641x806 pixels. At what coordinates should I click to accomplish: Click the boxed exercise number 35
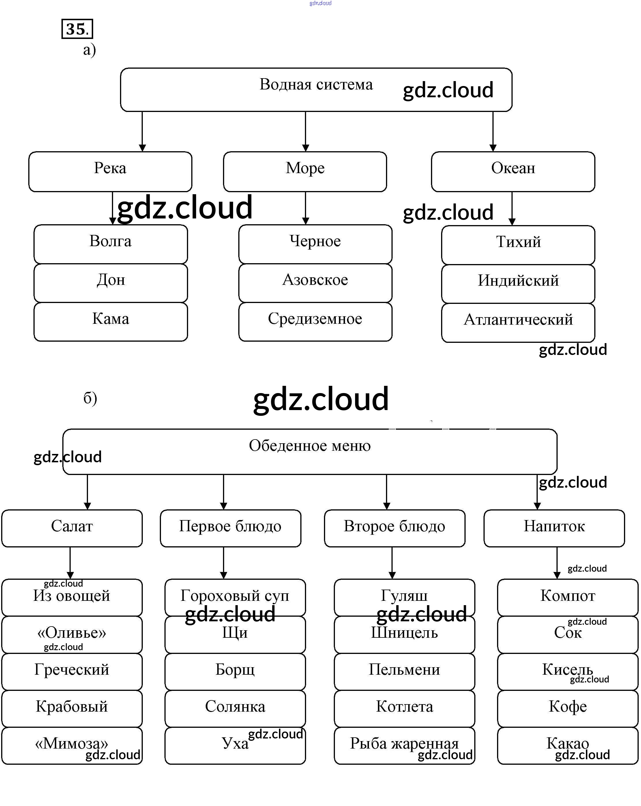pos(77,29)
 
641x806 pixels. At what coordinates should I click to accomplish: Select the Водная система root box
pos(316,90)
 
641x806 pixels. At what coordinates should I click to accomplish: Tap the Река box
pos(110,172)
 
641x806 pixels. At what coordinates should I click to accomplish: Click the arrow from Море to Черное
pos(305,208)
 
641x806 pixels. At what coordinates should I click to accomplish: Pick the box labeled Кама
pos(111,321)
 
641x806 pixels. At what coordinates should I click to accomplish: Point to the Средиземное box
pos(315,321)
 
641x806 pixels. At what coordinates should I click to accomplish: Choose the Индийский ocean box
pos(518,284)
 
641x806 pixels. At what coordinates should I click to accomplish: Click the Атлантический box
pos(518,322)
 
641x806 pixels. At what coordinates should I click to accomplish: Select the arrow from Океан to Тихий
pos(512,208)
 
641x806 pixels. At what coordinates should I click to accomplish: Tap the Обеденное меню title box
pos(310,451)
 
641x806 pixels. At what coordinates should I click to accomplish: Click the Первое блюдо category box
pos(230,528)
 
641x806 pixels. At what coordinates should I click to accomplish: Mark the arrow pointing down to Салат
pos(87,492)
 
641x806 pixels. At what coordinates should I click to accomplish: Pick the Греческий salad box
pos(72,672)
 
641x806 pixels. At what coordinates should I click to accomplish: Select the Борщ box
pos(235,672)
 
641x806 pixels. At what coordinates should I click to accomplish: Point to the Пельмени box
pos(404,672)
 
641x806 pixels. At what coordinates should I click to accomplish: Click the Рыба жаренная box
pos(404,745)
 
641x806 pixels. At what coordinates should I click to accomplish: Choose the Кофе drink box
pos(567,708)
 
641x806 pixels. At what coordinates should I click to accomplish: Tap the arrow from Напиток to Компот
pos(556,563)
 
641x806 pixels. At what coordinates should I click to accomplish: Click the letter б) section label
pos(90,398)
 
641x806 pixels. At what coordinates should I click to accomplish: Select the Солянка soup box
pos(235,708)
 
